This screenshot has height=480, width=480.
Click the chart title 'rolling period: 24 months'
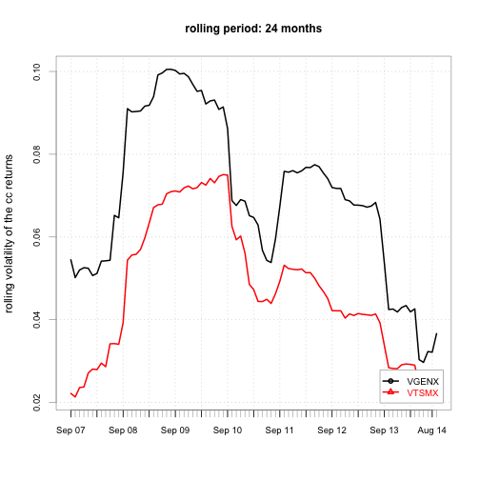[253, 29]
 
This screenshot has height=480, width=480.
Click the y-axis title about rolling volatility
[9, 233]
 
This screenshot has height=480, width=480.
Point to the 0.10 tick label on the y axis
[37, 71]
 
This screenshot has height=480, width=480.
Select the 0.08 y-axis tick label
[37, 154]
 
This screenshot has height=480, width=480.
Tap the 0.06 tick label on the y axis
[37, 237]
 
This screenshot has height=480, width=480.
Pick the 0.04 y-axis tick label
[37, 320]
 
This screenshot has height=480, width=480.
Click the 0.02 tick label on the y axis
[37, 403]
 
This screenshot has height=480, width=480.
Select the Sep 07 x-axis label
[70, 430]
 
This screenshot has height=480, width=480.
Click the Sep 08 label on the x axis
[123, 430]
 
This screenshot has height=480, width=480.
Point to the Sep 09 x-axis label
[175, 430]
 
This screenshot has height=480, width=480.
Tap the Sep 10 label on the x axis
[228, 430]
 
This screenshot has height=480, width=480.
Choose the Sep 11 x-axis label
[280, 430]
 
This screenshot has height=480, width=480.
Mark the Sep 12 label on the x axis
[331, 430]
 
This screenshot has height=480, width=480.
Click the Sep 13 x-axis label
[384, 430]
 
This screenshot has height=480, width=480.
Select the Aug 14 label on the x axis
[431, 430]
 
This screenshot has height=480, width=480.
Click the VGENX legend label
[423, 382]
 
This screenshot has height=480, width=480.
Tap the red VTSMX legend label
[423, 393]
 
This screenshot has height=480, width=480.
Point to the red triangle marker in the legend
[390, 392]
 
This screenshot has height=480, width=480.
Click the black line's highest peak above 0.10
[169, 69]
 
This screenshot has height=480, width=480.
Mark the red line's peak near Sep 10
[225, 174]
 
